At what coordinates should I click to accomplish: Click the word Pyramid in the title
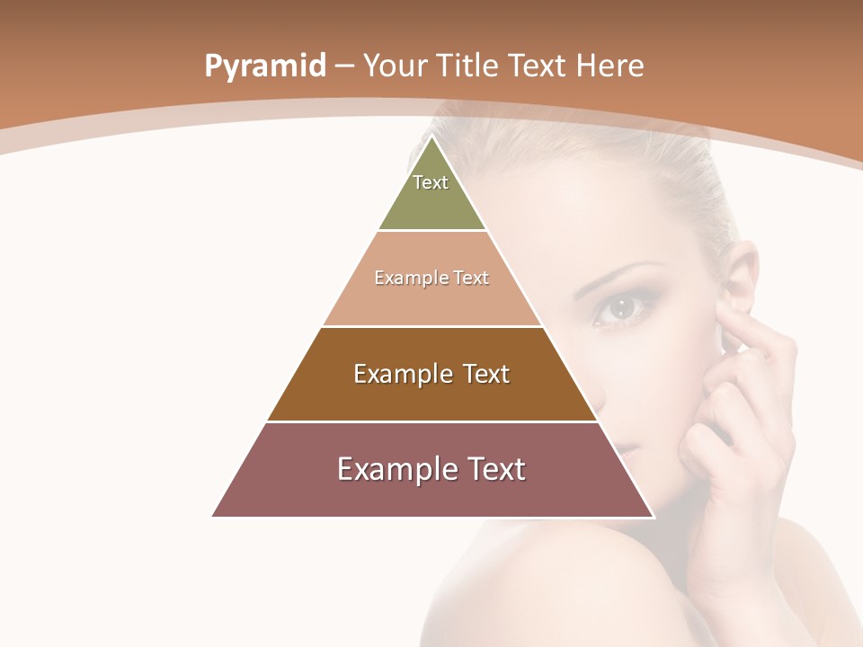(x=265, y=66)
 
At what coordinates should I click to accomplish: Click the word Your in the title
(x=395, y=66)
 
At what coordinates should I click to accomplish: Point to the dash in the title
(x=344, y=66)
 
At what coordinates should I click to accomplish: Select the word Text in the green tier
(x=431, y=182)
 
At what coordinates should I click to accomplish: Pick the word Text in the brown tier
(x=486, y=374)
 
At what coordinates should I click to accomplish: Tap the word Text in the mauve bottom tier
(x=496, y=469)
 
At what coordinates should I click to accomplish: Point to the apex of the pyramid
(x=432, y=137)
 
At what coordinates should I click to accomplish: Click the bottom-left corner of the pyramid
(x=213, y=516)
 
